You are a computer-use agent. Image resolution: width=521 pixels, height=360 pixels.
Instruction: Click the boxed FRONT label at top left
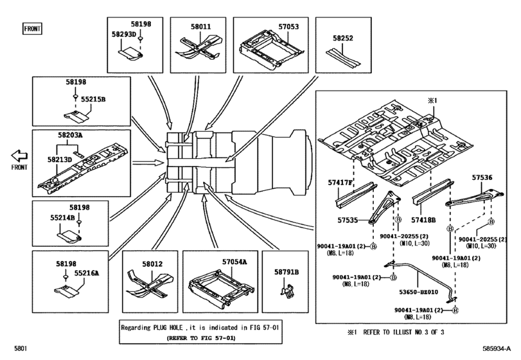pos(32,29)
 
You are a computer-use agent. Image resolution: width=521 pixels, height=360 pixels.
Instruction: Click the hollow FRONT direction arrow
pos(19,156)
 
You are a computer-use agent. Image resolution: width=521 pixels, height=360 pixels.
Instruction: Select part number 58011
pos(200,26)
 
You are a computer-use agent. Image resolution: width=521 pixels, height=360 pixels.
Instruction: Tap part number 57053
pos(288,26)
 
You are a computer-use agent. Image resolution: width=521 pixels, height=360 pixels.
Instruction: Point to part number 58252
pos(343,38)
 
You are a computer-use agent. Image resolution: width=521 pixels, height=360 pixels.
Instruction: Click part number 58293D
pos(124,34)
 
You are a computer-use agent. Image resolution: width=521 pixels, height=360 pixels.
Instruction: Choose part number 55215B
pos(93,99)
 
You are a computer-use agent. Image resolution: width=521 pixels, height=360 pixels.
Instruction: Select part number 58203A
pos(70,135)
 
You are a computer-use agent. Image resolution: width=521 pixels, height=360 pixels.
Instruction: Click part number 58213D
pos(60,159)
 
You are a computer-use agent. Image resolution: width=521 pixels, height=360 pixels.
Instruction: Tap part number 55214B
pos(62,218)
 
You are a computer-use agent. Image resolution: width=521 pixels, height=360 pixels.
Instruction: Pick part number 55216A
pos(86,273)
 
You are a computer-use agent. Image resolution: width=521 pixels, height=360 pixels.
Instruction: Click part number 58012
pos(152,264)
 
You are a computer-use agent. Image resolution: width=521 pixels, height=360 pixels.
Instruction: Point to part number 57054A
pos(234,262)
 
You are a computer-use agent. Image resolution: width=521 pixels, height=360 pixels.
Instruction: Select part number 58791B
pos(287,272)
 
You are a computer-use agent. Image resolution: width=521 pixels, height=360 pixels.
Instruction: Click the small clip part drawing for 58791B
pos(288,291)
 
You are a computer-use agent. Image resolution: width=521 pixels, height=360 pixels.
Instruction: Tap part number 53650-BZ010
pos(419,292)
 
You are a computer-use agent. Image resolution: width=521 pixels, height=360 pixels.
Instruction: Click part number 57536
pos(482,178)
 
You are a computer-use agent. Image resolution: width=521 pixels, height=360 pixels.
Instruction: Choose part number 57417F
pos(340,183)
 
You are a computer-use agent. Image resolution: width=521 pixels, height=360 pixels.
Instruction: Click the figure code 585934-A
pos(497,348)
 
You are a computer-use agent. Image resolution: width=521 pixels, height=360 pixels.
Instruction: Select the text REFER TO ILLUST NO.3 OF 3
pos(403,332)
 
